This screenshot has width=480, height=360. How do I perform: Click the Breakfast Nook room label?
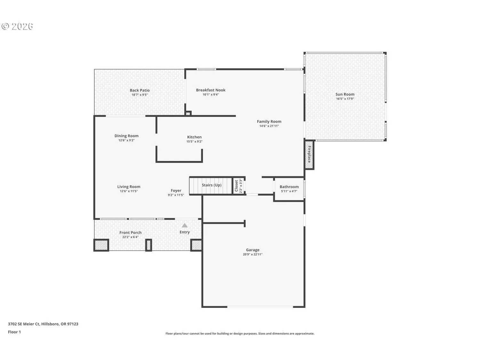(211, 90)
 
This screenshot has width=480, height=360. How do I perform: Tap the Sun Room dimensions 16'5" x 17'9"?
(345, 99)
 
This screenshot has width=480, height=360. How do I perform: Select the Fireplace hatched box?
(309, 155)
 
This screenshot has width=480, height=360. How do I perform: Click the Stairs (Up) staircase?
(211, 186)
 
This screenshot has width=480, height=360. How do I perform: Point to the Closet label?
(236, 186)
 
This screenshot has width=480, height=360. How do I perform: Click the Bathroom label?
(289, 187)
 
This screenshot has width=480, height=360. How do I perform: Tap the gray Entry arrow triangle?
(185, 225)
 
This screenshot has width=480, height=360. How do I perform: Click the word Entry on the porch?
(185, 232)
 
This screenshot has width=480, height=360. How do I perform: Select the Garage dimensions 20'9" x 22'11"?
(252, 254)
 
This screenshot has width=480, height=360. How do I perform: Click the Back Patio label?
(140, 90)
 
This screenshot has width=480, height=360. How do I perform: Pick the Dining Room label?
(126, 136)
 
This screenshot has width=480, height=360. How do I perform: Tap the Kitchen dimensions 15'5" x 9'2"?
(194, 142)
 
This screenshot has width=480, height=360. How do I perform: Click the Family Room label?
(269, 122)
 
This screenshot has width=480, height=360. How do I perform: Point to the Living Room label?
(129, 187)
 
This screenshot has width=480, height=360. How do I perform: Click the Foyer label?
(176, 191)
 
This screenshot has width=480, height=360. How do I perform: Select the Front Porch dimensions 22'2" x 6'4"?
(130, 237)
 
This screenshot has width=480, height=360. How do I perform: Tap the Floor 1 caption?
(14, 332)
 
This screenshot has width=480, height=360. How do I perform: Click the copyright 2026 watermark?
(17, 27)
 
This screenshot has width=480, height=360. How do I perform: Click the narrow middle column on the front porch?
(149, 245)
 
